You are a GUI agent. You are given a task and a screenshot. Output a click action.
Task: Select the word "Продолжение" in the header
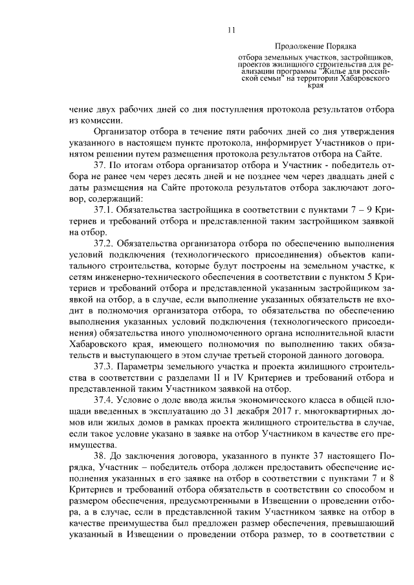point(296,47)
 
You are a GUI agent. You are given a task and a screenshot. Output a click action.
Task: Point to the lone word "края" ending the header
point(315,85)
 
